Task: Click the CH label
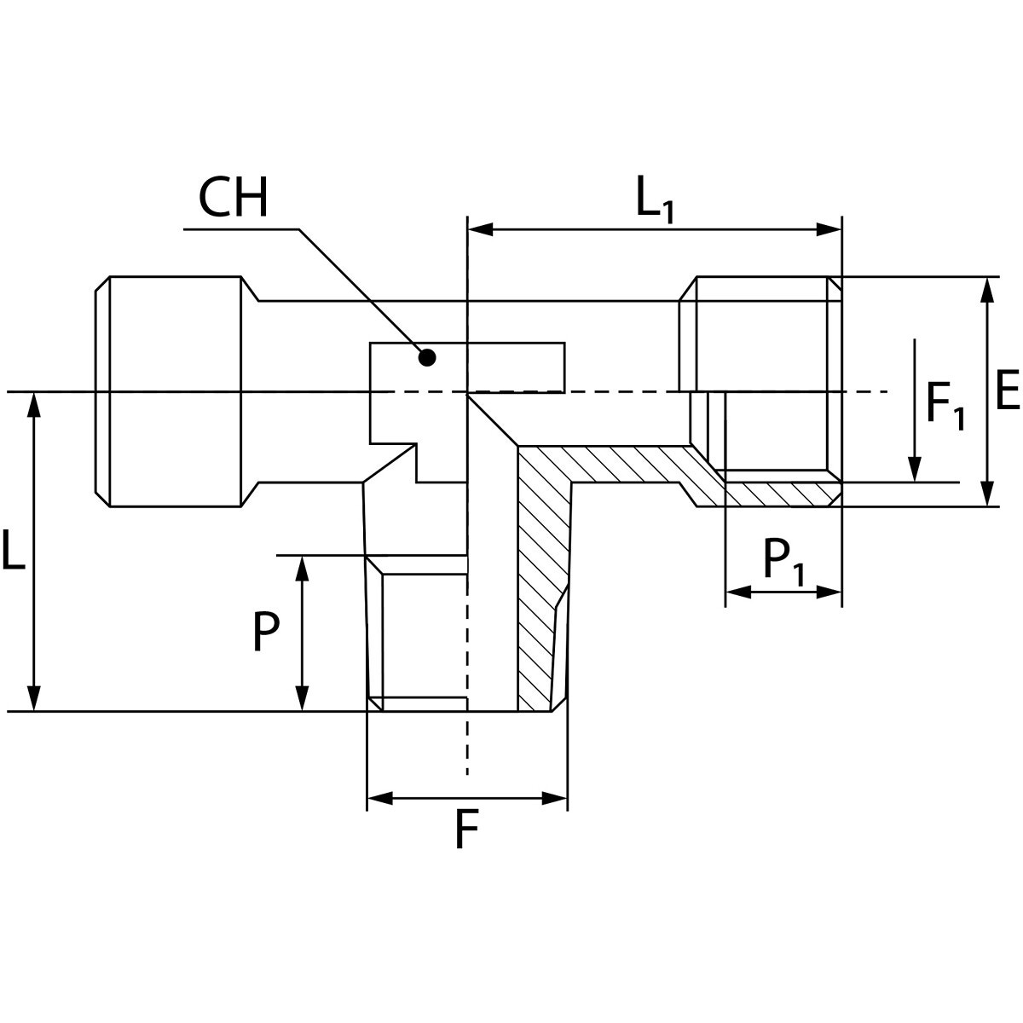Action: coord(233,199)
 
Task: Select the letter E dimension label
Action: coord(1007,392)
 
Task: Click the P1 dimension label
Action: coord(783,563)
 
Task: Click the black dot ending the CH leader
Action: coord(428,358)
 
